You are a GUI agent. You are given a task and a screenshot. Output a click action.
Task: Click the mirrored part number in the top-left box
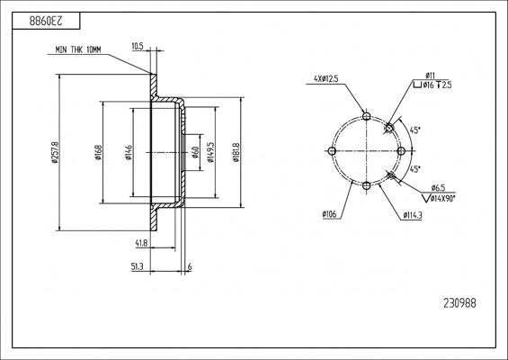46,21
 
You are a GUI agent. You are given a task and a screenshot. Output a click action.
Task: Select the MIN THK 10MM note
78,49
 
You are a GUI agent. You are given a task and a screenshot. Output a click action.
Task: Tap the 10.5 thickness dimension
138,47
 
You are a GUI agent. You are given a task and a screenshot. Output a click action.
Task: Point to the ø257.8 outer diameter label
55,152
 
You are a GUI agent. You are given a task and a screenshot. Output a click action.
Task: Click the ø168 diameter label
98,152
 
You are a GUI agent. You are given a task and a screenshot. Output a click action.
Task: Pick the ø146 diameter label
129,152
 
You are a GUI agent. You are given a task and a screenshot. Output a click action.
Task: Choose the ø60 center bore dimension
195,152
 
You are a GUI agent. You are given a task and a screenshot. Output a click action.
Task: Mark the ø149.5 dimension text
210,152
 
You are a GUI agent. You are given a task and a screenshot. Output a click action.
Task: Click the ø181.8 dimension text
236,152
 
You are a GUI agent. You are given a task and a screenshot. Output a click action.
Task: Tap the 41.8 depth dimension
141,243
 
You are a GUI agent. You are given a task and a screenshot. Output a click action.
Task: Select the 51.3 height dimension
137,267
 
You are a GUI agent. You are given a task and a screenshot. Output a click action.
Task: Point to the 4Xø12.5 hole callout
325,78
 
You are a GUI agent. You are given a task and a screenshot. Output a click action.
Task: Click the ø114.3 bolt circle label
413,215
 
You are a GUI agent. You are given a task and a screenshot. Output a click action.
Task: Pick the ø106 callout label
329,214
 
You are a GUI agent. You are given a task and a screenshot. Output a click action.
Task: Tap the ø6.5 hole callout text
438,188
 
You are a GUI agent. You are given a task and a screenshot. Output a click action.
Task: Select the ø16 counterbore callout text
428,85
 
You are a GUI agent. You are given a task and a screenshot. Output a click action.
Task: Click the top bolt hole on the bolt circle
367,116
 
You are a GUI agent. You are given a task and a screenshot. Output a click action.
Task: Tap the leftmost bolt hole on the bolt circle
332,151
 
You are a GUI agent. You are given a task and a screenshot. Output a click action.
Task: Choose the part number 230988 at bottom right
459,303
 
